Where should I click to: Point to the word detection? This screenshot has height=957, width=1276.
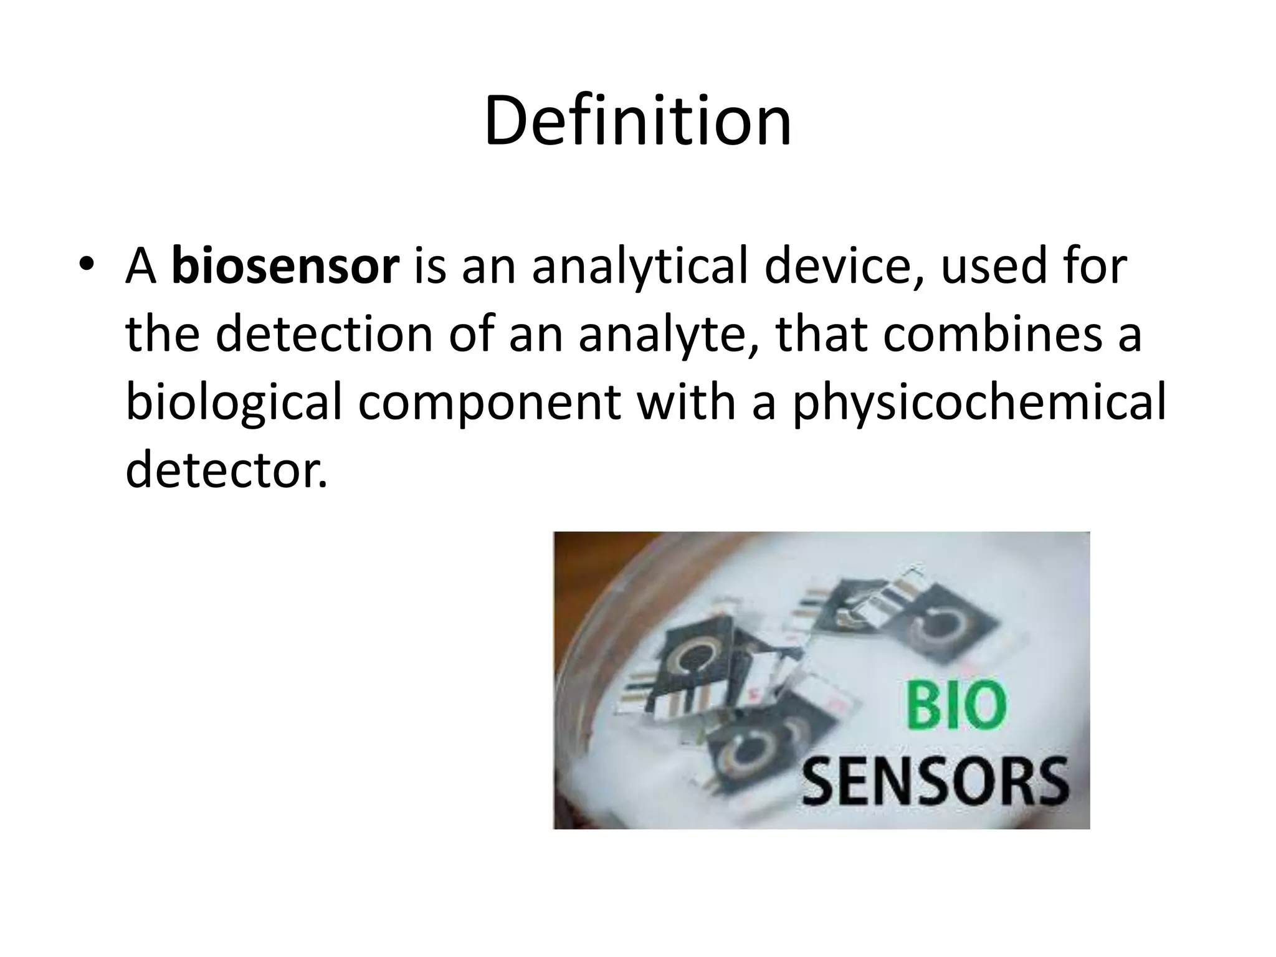323,335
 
